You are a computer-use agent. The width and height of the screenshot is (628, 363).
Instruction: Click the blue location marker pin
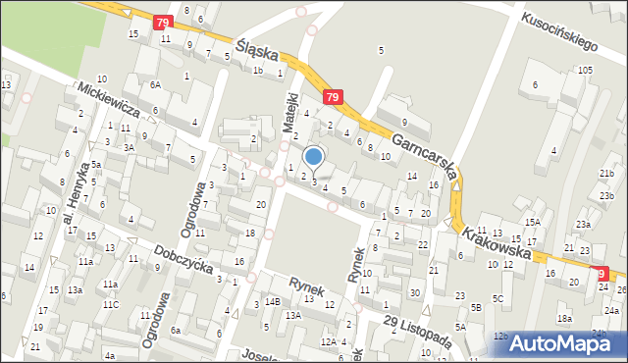pos(314,157)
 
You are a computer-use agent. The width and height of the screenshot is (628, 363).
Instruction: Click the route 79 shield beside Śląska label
pos(163,22)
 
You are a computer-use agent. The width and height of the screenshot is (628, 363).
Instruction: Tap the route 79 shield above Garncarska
pos(333,97)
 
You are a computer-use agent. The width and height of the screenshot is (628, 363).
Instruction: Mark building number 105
pos(585,70)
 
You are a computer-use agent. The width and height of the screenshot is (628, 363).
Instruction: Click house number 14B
pos(272,301)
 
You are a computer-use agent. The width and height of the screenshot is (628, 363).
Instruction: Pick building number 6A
pos(155,85)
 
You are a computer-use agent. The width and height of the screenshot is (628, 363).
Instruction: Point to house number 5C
pos(497,298)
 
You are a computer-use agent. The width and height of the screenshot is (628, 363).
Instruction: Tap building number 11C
pos(111,304)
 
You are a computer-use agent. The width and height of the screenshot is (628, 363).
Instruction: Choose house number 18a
pos(564,318)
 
